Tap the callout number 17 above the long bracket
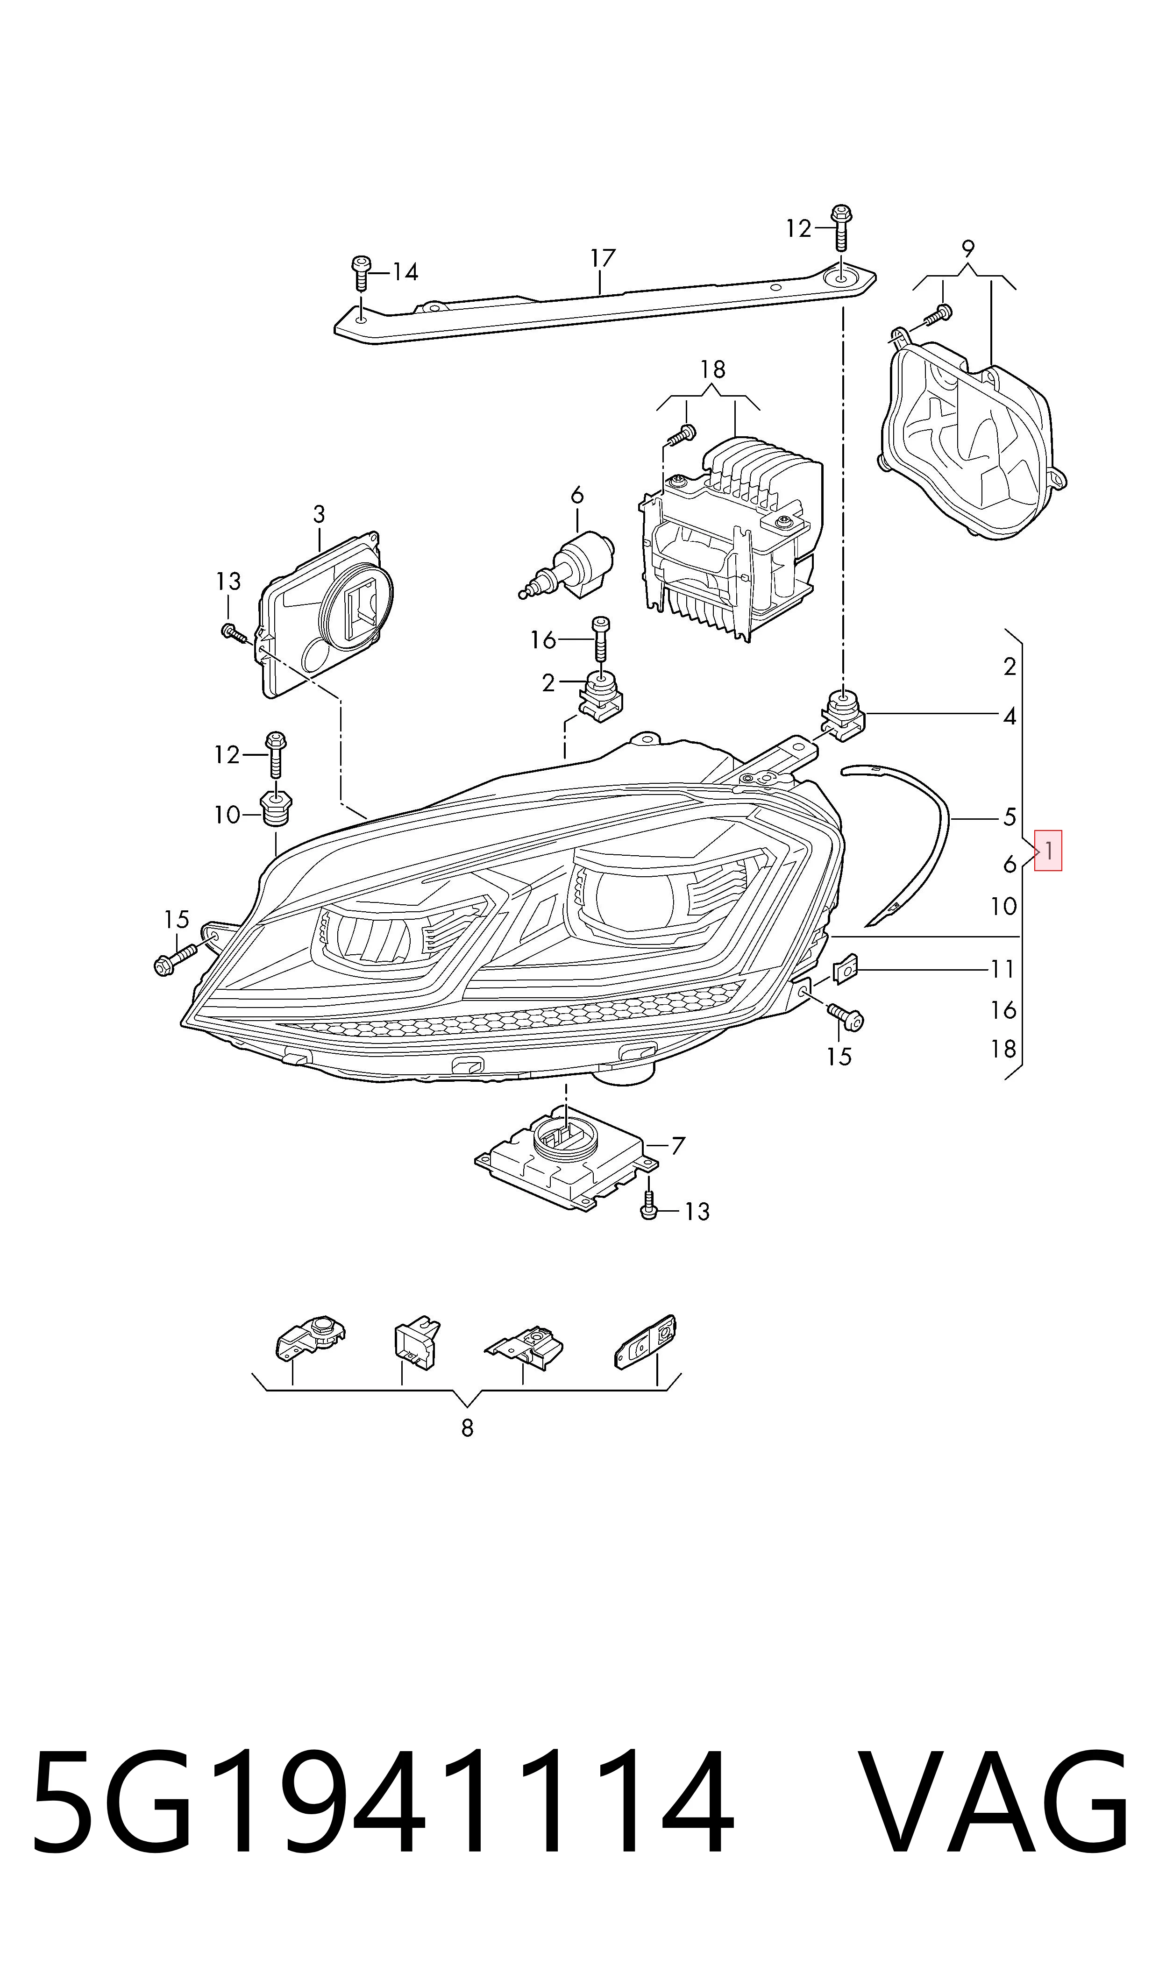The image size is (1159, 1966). (602, 258)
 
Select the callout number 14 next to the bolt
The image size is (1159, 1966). (405, 272)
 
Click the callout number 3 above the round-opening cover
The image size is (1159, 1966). (319, 515)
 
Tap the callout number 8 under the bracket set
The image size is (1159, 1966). (467, 1428)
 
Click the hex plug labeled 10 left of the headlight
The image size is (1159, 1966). (275, 809)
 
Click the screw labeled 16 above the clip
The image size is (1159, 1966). (601, 639)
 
